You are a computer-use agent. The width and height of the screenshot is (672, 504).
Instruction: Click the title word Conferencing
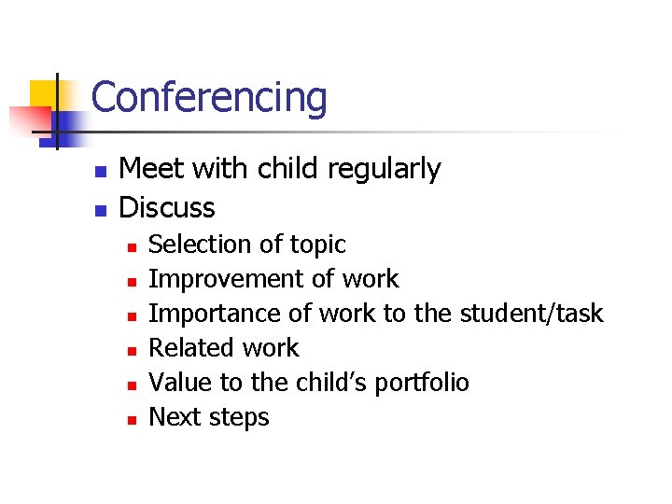click(x=209, y=97)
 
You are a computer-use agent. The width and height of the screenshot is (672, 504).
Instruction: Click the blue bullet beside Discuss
click(x=102, y=209)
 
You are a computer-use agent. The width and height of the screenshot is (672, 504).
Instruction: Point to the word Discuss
click(x=168, y=207)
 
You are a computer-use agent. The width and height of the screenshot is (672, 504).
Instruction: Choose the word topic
click(x=318, y=245)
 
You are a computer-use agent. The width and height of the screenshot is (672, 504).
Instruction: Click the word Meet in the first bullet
click(x=152, y=170)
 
